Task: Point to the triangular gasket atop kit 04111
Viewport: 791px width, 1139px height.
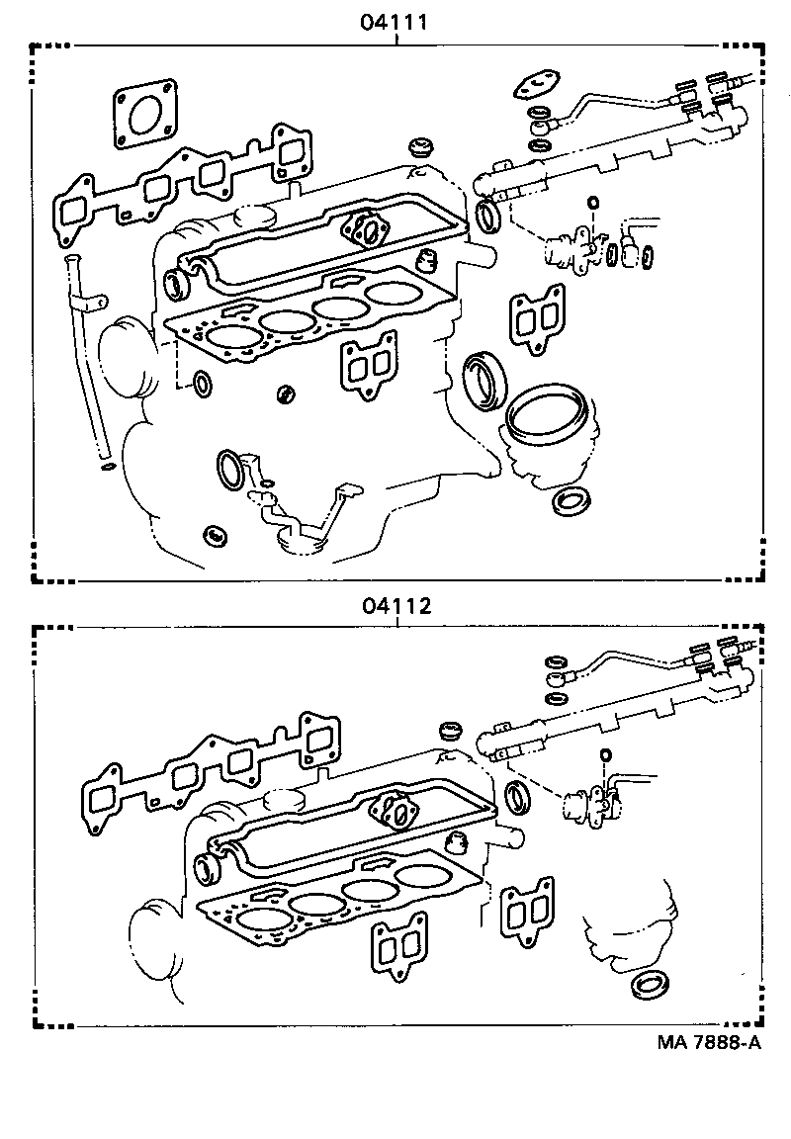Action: [x=539, y=86]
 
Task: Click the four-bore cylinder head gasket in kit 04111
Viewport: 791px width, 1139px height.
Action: [x=307, y=316]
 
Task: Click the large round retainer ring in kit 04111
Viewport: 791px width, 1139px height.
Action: [x=547, y=420]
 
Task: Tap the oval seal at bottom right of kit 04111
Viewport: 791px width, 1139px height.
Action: [x=571, y=501]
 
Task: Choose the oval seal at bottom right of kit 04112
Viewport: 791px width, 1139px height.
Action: [x=649, y=986]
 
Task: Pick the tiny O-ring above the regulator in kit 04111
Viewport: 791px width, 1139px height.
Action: [x=592, y=204]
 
